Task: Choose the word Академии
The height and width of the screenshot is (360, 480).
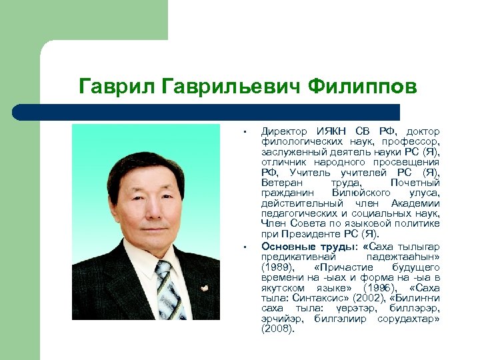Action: pyautogui.click(x=416, y=203)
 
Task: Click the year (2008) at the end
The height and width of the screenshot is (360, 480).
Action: pyautogui.click(x=277, y=329)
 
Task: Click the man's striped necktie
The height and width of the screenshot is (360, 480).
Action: pyautogui.click(x=166, y=290)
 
